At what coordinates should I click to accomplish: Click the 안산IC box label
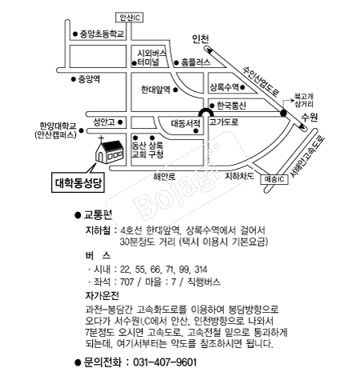coord(130,18)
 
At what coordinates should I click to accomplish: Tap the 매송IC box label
coord(274,179)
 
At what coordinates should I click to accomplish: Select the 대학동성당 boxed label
coord(78,182)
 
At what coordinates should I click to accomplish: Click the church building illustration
coord(110,151)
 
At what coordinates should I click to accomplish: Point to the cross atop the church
coord(101,139)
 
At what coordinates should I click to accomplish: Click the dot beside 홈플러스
coord(176,63)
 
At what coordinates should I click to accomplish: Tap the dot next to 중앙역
coord(74,79)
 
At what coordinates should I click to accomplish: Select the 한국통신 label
coord(231,106)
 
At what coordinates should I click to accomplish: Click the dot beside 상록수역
coord(242,87)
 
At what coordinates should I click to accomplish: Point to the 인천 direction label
coord(201,39)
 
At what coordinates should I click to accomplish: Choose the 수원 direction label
coord(310,117)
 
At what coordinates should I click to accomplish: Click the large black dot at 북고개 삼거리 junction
coord(283,113)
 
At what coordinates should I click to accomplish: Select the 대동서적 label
coord(186,123)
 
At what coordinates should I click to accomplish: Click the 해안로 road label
coord(164,177)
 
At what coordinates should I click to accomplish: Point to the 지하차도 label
coord(239,176)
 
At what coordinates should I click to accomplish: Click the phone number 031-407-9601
coord(165,362)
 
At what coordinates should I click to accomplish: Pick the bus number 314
coord(201,270)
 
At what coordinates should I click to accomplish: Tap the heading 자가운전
coord(102,295)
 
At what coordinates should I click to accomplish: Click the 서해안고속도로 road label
coord(307,157)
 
